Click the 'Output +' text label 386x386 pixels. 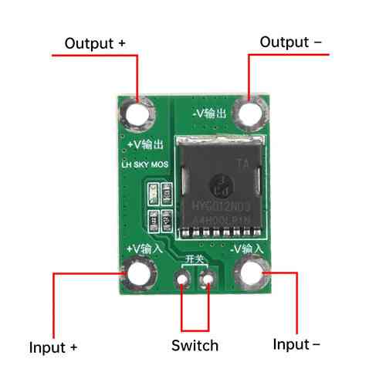[95, 43]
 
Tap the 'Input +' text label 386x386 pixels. [53, 347]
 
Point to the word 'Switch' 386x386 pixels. [195, 345]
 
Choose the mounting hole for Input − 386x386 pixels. [252, 273]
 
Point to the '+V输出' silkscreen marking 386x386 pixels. [144, 145]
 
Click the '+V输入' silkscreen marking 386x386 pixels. [144, 249]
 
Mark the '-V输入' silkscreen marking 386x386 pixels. [247, 249]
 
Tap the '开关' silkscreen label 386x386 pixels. [195, 259]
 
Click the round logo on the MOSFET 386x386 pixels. [218, 184]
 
